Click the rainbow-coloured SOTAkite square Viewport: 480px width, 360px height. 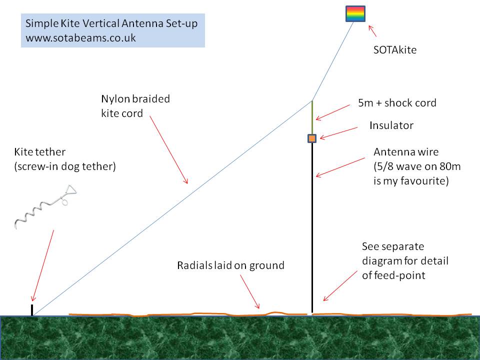click(355, 14)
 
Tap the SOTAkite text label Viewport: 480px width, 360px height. click(395, 50)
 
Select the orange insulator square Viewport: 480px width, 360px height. click(312, 138)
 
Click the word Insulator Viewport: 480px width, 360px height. click(391, 125)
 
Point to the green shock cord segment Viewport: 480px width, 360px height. click(312, 117)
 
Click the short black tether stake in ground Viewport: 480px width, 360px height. click(32, 310)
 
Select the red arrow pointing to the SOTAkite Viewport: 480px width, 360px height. click(372, 31)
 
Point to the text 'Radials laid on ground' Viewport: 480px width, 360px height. click(230, 265)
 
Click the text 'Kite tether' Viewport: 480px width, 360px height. click(40, 151)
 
